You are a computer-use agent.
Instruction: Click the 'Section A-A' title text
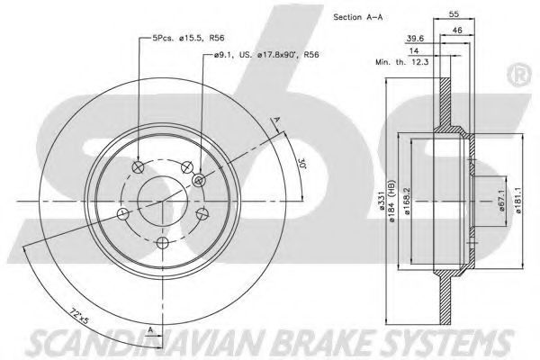358,17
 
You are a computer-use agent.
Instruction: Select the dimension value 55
454,14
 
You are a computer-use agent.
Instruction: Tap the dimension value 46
457,31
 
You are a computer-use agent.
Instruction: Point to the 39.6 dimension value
415,39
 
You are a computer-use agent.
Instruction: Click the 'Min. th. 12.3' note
402,62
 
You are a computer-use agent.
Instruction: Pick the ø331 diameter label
382,201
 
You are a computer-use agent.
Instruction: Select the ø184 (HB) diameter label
391,201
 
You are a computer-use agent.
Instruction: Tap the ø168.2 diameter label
408,202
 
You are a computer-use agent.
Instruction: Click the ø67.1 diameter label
501,202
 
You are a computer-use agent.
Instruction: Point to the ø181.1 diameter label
519,201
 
